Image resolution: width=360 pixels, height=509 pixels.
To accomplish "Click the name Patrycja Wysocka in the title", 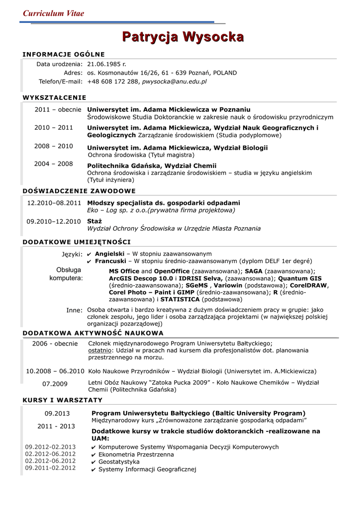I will [x=183, y=37].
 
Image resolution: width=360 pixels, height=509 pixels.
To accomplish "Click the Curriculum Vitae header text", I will [x=54, y=13].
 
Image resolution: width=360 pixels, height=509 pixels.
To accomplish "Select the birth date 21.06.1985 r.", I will [x=106, y=64].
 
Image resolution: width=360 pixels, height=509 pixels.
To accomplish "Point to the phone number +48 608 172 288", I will [x=113, y=81].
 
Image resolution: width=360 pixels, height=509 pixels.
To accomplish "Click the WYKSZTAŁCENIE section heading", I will [x=55, y=97].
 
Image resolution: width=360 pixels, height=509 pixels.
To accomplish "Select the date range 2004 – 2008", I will [x=54, y=164].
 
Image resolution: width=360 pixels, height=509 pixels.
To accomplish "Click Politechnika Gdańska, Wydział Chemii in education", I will [x=152, y=166].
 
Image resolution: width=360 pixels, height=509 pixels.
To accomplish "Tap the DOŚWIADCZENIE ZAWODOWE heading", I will [x=80, y=191].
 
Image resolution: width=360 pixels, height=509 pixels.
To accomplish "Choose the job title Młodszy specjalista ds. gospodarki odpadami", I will [x=164, y=203].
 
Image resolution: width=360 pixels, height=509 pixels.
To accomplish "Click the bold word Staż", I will [x=94, y=221].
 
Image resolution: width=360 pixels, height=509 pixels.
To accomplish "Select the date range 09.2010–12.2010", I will [x=54, y=221].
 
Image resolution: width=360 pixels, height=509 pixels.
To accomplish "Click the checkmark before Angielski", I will [x=89, y=254].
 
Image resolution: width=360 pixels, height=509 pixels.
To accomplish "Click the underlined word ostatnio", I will [x=99, y=350].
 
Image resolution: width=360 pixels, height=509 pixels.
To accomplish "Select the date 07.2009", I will [x=55, y=384].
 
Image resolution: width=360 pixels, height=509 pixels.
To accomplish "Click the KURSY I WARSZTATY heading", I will [x=63, y=400].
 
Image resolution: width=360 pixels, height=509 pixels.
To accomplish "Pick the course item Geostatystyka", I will [x=119, y=462].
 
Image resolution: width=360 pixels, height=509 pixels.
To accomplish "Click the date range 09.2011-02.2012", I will [x=50, y=468].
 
